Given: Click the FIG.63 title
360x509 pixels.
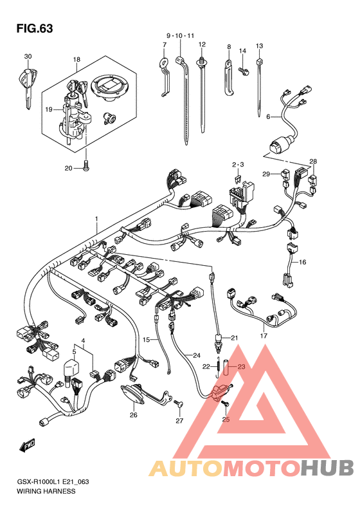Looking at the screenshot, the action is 34,28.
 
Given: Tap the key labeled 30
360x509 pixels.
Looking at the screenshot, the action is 27,86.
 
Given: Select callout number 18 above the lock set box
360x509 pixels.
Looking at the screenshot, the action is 76,59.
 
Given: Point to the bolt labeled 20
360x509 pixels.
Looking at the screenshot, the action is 86,165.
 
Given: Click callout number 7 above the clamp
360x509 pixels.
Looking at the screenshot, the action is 165,44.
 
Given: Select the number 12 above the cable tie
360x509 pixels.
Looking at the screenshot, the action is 202,44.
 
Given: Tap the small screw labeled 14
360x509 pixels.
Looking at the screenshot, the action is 243,70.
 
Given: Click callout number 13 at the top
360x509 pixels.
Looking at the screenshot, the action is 259,46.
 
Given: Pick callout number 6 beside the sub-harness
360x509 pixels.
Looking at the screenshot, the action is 268,116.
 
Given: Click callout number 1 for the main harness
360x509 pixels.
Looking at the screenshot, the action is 96,219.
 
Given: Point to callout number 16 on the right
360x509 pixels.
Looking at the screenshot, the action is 302,262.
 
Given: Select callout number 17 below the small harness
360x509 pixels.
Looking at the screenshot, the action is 264,336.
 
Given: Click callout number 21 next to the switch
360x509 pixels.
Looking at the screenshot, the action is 235,338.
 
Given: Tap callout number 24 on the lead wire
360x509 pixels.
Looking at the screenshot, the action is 197,355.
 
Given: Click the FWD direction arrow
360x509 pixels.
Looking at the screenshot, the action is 27,446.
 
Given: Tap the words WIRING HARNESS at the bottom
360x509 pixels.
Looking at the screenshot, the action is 46,491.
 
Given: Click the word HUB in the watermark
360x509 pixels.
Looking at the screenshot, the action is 327,468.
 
